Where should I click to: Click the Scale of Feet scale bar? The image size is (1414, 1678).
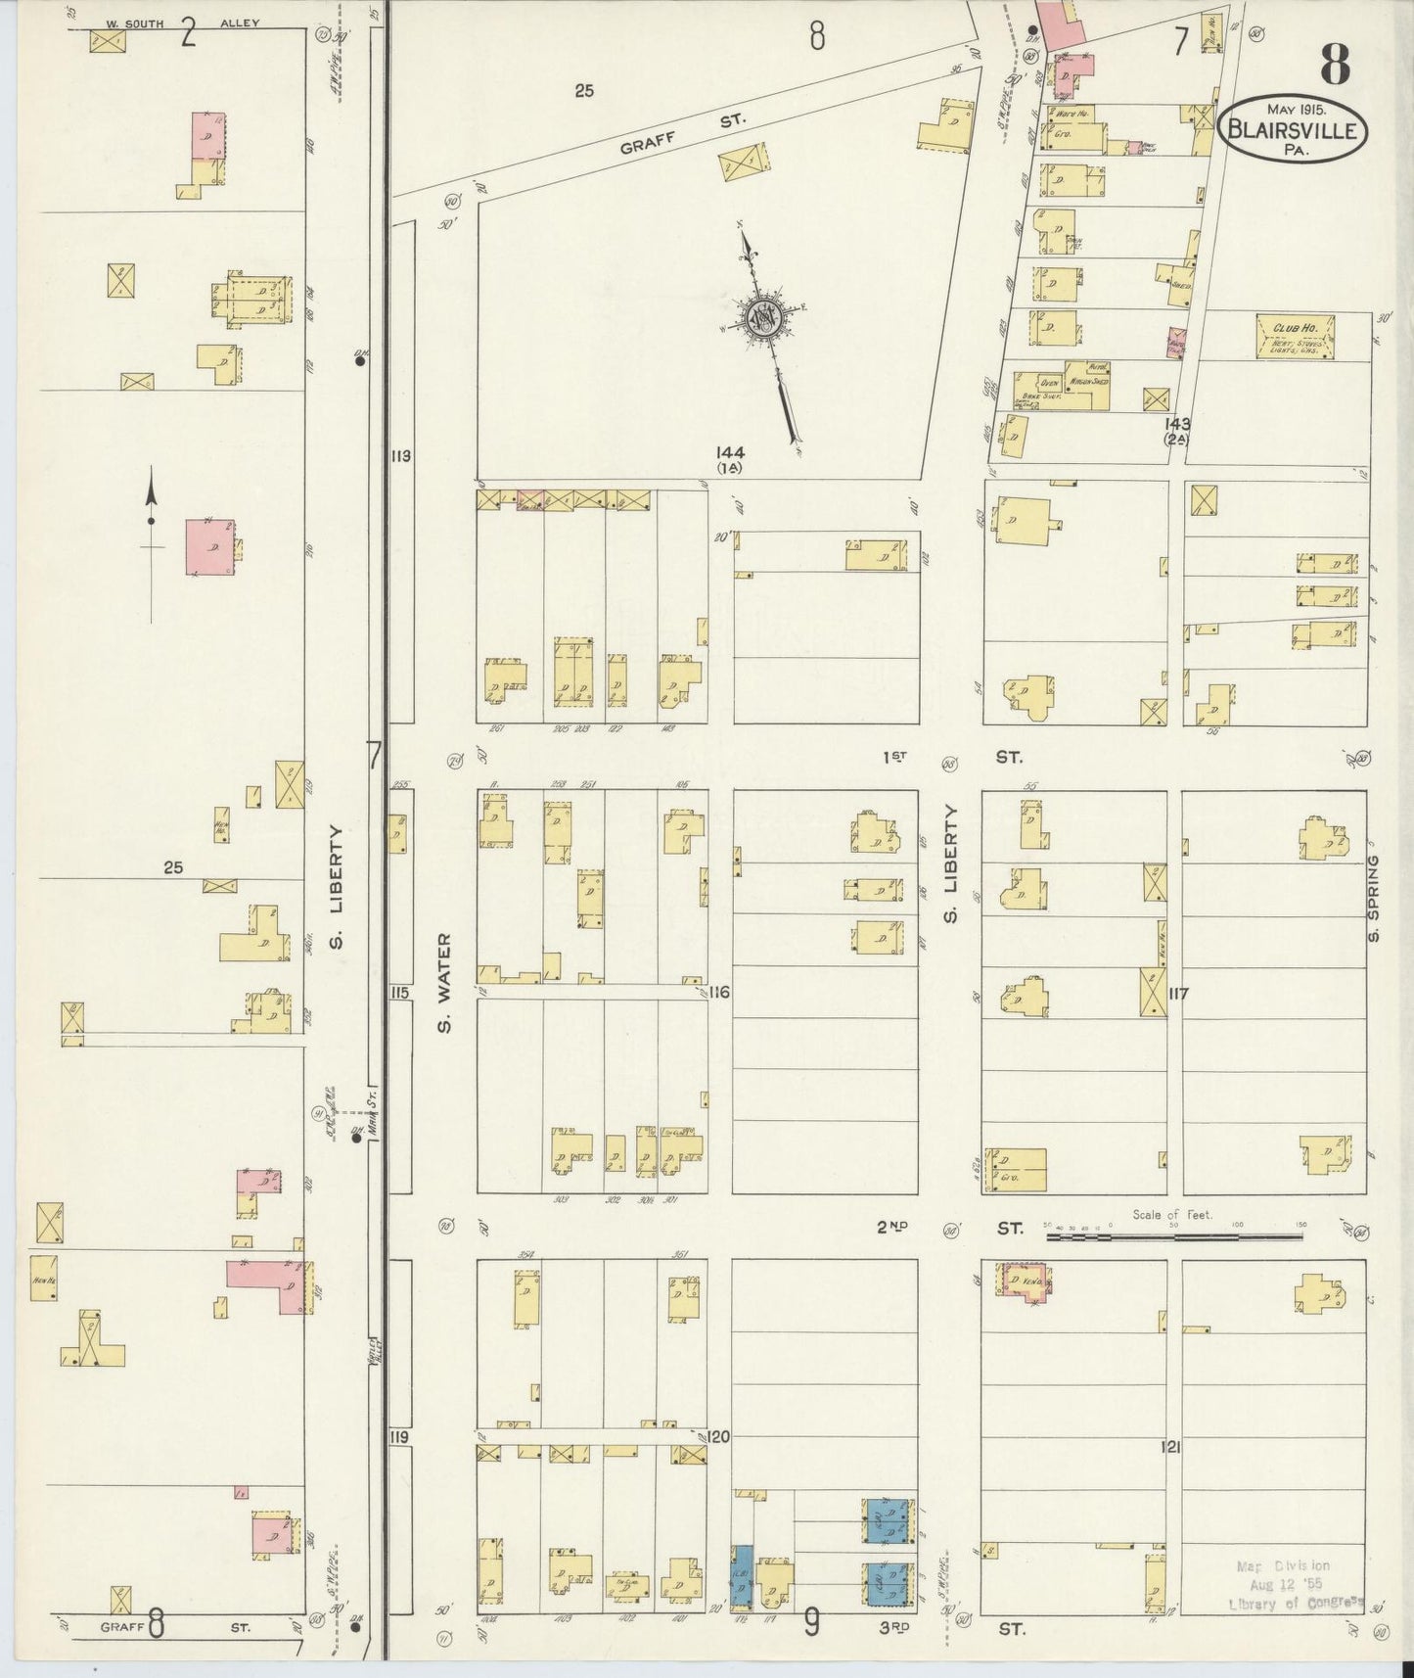coord(1175,1236)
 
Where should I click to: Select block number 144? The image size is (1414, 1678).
coord(730,452)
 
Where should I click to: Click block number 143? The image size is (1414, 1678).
coord(1177,424)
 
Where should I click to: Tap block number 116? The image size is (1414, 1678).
coord(719,993)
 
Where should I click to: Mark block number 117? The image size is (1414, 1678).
coord(1177,994)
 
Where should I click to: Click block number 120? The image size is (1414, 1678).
coord(719,1437)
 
